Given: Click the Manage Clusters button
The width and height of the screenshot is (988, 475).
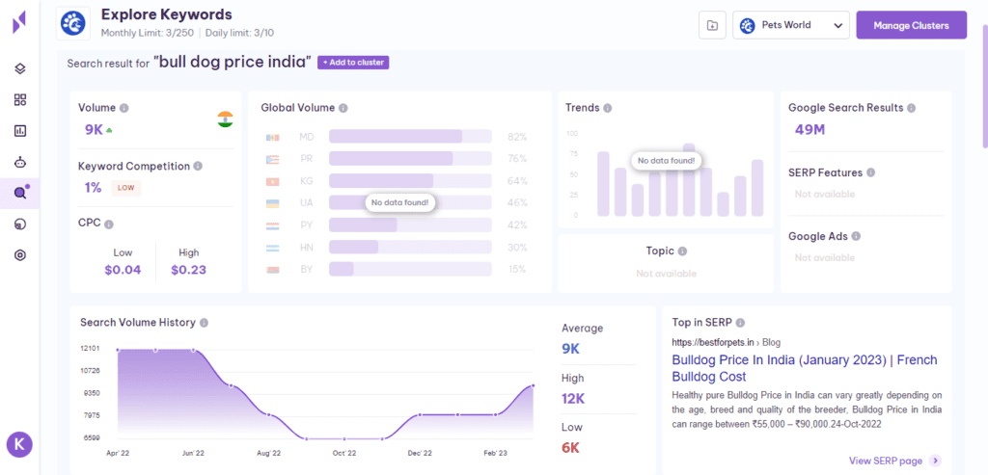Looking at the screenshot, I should coord(911,25).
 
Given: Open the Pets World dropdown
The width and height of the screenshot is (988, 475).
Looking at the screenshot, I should coord(790,25).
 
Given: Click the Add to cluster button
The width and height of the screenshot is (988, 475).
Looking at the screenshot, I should coord(353,63).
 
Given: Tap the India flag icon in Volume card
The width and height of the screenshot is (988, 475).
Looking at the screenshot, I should coord(225,119).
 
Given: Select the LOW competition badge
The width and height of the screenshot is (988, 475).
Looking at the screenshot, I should coord(125,188).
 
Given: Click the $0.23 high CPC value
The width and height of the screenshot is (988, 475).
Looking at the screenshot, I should coord(188,270).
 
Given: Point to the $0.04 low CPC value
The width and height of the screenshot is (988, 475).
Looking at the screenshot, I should coord(123,270).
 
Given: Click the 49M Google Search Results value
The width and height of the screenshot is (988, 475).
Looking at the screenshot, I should coord(810,130).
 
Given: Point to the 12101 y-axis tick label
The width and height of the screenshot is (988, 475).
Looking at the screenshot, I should coord(90,348).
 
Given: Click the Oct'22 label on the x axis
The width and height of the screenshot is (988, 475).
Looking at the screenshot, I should coord(344,453).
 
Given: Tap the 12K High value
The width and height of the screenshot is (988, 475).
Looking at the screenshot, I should coord(573,399).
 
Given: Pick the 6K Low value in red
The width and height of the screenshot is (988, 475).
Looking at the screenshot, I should coord(571,447).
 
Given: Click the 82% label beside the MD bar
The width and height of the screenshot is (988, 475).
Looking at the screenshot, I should coord(517,137).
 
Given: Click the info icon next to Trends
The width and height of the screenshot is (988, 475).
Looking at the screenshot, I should coord(607,108).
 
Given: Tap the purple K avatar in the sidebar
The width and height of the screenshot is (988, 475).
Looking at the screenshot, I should coord(19,444).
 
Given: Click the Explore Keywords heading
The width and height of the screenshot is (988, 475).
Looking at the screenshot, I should coord(166,14).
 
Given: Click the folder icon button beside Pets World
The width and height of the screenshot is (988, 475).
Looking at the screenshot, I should coord(712,25).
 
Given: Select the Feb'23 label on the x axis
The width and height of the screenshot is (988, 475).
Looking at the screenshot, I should coord(496,453).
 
